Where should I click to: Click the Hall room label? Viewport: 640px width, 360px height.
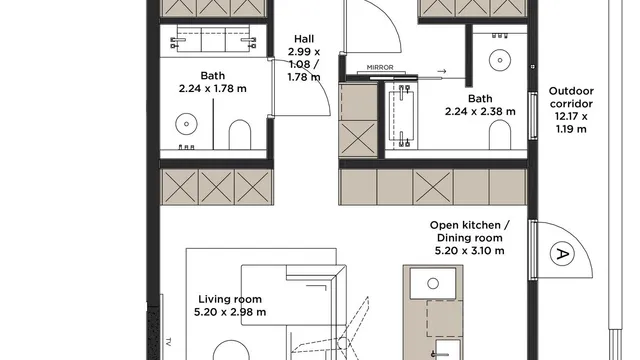304,39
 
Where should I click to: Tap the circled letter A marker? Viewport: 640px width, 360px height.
562,253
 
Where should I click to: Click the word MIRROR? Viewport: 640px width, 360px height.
380,67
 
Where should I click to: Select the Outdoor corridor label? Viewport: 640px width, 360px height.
571,97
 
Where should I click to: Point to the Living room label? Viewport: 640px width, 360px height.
230,299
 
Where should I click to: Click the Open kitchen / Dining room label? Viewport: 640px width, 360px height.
469,231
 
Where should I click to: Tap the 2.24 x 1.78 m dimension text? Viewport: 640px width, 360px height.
213,89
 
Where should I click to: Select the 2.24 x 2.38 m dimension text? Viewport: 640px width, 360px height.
480,111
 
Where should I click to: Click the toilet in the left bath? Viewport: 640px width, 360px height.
240,134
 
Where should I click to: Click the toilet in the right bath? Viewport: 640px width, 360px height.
500,135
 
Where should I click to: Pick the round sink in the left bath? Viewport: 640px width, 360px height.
187,124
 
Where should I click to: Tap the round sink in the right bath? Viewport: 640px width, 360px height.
500,60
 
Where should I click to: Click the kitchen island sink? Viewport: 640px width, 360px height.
433,283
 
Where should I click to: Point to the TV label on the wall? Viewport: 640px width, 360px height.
169,341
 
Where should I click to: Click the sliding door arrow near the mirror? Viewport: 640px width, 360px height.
442,71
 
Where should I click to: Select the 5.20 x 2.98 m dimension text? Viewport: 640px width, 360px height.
230,312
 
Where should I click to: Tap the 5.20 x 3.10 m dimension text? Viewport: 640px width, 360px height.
469,251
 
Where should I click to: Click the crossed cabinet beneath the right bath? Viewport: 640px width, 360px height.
433,187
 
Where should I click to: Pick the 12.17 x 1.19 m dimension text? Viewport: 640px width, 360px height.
571,123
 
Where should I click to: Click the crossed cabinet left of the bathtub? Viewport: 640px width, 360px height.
358,138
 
